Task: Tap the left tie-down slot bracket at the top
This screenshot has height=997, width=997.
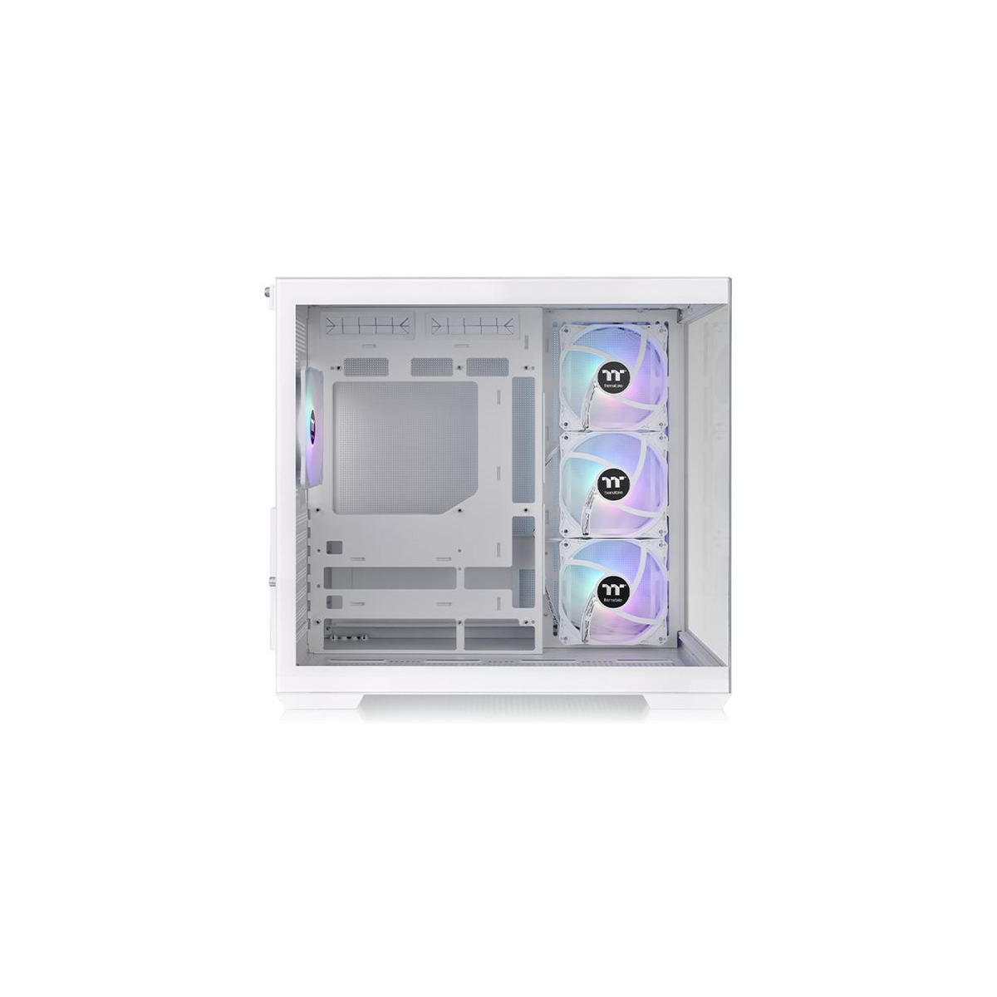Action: coord(367,324)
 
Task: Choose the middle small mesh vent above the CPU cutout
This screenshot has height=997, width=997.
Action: coord(432,366)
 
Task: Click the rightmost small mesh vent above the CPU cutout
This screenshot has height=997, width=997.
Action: coord(488,366)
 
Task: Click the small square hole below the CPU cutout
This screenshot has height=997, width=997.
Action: coord(335,548)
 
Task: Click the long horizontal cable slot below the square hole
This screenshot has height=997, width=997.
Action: coord(390,578)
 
